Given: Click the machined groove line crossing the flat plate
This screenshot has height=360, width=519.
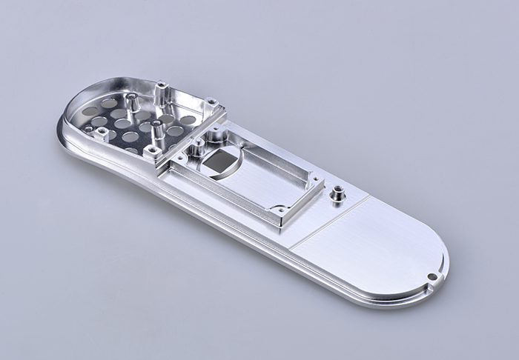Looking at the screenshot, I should (326, 222).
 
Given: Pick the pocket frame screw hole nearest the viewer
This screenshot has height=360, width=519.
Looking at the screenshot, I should (280, 212).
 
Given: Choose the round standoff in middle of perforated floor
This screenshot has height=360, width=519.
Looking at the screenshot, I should (156, 132).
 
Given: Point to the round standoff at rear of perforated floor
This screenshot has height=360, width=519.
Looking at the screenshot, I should (130, 102).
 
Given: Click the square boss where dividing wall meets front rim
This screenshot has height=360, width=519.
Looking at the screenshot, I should (151, 152).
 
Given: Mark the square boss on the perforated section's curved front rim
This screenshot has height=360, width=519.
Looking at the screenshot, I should (102, 135).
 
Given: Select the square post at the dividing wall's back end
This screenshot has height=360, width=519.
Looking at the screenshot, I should (211, 103).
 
